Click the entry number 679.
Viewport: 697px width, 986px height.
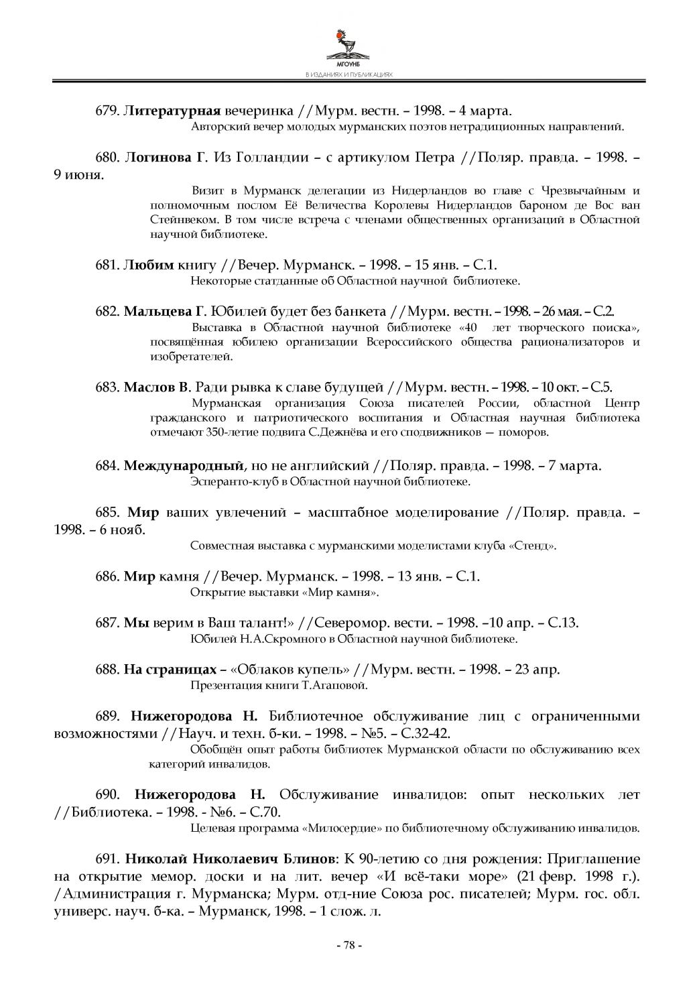(107, 111)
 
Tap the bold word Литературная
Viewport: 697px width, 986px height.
(172, 111)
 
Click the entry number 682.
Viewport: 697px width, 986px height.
(107, 312)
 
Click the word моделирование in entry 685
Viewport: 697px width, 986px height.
(444, 513)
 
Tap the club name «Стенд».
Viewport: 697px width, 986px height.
(534, 546)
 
